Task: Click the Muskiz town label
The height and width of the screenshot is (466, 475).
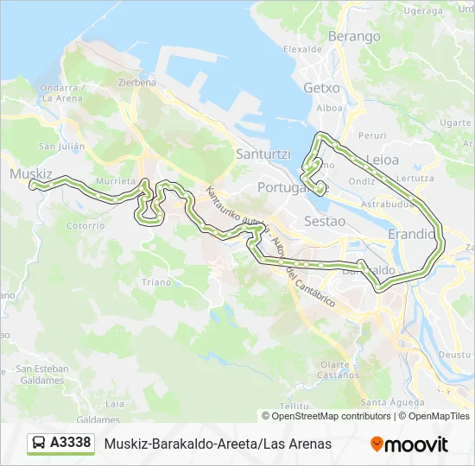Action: click(x=31, y=173)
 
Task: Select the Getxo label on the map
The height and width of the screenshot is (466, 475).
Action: click(x=321, y=88)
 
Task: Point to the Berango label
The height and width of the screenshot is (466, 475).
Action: click(x=354, y=36)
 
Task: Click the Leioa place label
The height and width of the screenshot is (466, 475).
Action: click(x=383, y=160)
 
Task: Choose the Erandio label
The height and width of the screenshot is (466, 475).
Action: click(x=412, y=234)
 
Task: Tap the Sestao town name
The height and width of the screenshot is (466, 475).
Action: click(x=325, y=221)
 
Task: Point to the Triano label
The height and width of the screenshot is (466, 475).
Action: click(x=156, y=282)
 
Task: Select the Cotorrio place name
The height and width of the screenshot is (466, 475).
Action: click(x=85, y=226)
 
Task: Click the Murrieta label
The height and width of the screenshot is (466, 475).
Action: click(x=116, y=182)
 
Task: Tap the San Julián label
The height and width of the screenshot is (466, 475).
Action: click(x=61, y=147)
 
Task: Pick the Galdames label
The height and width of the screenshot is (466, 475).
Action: click(x=98, y=419)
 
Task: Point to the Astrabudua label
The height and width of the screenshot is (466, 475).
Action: click(x=385, y=206)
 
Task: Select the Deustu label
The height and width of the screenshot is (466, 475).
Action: click(x=454, y=355)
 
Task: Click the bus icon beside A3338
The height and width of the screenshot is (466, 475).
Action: click(x=39, y=444)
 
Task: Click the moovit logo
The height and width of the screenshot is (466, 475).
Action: click(x=409, y=444)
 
